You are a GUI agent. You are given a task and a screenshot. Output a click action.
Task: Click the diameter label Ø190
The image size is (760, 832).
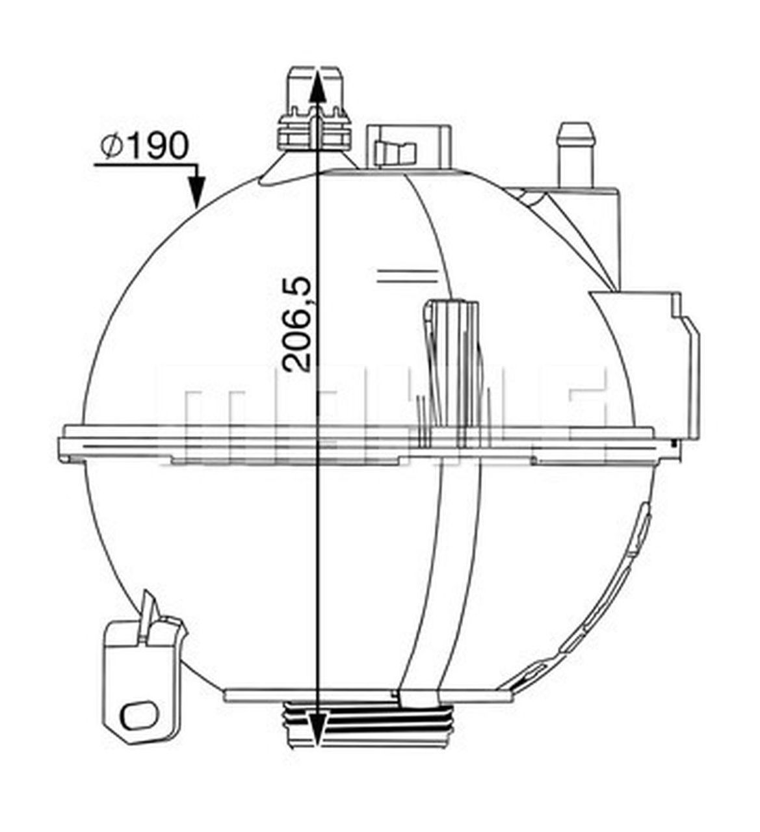tap(144, 146)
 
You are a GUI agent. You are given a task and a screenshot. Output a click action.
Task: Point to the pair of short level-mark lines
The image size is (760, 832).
tap(406, 275)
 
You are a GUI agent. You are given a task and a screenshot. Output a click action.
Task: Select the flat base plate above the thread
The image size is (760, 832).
tap(364, 696)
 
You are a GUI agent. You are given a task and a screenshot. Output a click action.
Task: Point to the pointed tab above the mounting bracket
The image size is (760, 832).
tap(150, 611)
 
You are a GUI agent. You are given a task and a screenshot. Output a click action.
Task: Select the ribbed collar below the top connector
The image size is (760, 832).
tap(316, 133)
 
